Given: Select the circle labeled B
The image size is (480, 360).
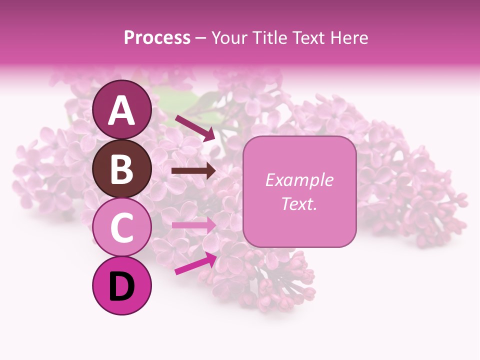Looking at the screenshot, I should tap(122, 168).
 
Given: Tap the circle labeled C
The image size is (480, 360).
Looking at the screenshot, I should tap(122, 227).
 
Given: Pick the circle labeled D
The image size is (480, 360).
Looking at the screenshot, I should tap(122, 286).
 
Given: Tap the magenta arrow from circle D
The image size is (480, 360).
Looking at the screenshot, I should tap(195, 263).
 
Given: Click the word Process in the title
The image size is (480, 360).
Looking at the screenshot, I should tap(157, 37).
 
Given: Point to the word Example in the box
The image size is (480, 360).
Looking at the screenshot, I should tap(299, 180).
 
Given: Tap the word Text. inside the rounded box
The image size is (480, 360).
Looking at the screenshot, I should tap(299, 203).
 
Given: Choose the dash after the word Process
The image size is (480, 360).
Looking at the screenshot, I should tap(200, 38).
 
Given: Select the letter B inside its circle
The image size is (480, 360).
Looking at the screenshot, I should tap(122, 168).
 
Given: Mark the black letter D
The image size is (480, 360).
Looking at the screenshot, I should tap(122, 286).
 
